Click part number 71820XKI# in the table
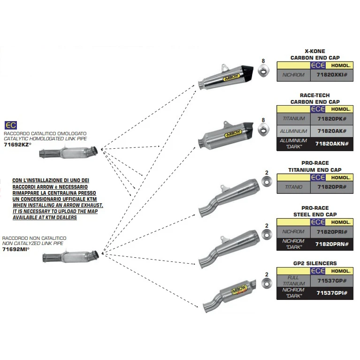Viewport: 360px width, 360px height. (332, 75)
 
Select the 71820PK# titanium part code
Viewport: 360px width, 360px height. (332, 119)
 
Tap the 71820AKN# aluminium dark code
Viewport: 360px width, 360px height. (332, 144)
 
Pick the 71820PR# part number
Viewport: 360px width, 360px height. (332, 187)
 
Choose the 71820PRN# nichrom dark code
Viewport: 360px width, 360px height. (332, 245)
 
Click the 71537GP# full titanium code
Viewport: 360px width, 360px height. (332, 281)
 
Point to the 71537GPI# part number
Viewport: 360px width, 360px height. (332, 293)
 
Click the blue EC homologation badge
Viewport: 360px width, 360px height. (10, 125)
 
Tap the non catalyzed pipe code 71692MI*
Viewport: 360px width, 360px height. (15, 249)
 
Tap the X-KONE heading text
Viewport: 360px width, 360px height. (314, 51)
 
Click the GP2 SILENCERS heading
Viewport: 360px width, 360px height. (314, 263)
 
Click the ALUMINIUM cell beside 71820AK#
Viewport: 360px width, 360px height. (293, 131)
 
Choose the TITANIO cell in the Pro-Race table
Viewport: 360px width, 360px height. (293, 187)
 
